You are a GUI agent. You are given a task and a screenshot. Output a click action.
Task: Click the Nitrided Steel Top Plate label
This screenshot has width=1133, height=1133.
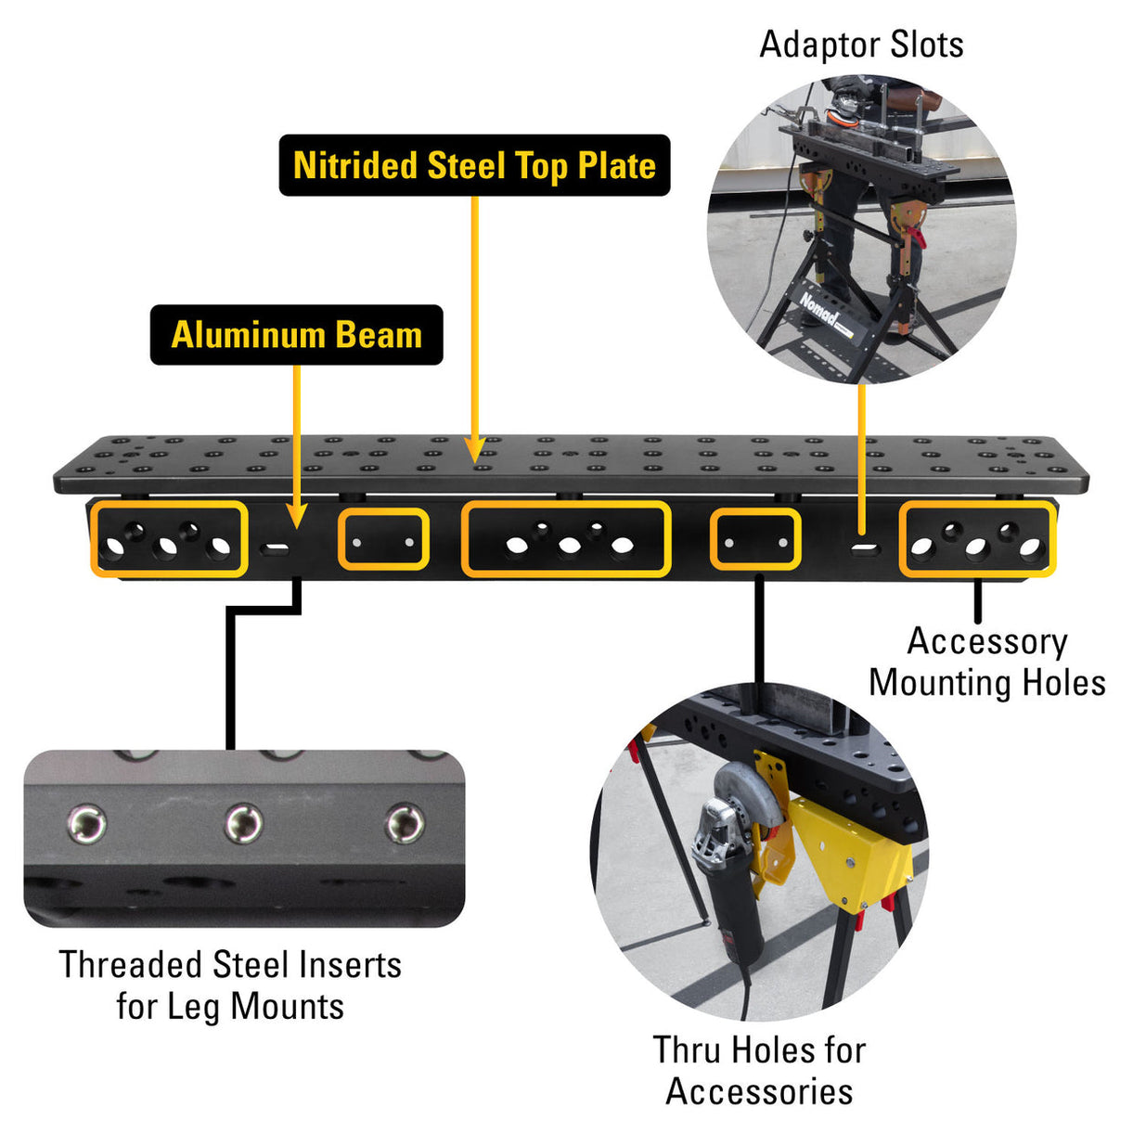coord(474,165)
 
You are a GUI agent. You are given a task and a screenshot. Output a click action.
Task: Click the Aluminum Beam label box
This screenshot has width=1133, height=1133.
coord(296,334)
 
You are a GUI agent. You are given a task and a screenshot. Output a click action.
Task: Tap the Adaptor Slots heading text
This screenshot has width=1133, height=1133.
coord(861,45)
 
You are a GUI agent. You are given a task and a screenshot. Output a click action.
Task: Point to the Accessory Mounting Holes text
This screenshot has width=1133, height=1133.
coord(986,662)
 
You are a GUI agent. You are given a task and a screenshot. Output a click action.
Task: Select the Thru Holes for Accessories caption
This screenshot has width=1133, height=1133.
coord(759,1070)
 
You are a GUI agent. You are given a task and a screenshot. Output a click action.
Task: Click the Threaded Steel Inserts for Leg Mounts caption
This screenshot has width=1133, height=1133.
coord(230,985)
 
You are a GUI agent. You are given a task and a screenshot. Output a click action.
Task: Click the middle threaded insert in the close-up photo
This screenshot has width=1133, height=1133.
coord(244,822)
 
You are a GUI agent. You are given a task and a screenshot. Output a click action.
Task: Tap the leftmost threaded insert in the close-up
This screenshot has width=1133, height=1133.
coord(87,823)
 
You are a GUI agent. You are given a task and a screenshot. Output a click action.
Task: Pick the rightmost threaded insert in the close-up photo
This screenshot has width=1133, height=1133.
coord(405,822)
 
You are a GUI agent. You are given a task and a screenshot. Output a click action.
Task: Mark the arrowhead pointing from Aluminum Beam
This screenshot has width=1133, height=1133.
coord(295,519)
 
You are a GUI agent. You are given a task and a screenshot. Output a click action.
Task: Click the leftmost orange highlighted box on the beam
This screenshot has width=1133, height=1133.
coord(169,538)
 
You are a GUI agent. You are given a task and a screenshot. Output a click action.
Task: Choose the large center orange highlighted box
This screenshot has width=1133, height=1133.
coord(566,538)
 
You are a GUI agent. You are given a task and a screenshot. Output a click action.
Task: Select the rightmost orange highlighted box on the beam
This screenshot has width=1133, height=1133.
coord(977,538)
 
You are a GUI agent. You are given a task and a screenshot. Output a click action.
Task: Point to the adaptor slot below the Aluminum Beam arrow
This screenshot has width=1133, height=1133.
coord(276,547)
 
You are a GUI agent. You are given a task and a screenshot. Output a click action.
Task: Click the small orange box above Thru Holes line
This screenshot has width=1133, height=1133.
coord(755,539)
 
